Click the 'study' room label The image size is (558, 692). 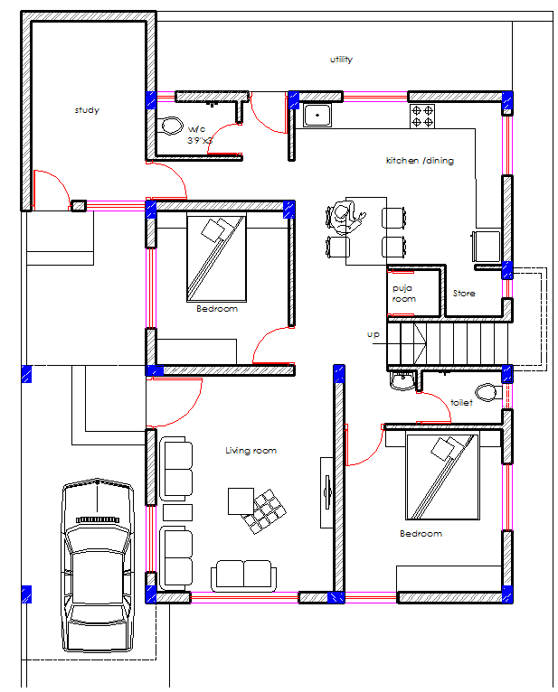pos(87,110)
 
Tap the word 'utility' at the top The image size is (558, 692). pos(341,60)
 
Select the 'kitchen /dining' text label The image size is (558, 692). pos(420,161)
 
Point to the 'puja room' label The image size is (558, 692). pos(403,294)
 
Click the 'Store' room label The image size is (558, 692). pos(463,294)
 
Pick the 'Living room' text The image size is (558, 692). pos(251,450)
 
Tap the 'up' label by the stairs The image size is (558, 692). pos(373,334)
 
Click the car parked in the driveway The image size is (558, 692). pos(98,566)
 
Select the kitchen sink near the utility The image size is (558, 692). pos(317,115)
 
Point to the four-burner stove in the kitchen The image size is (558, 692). pos(422,115)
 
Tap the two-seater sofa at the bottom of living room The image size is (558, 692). pos(242,575)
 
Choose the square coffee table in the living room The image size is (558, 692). pos(241,500)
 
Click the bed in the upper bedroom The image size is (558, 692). pos(216,257)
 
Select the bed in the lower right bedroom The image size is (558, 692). pos(441,477)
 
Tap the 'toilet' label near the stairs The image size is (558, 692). pos(461,403)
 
